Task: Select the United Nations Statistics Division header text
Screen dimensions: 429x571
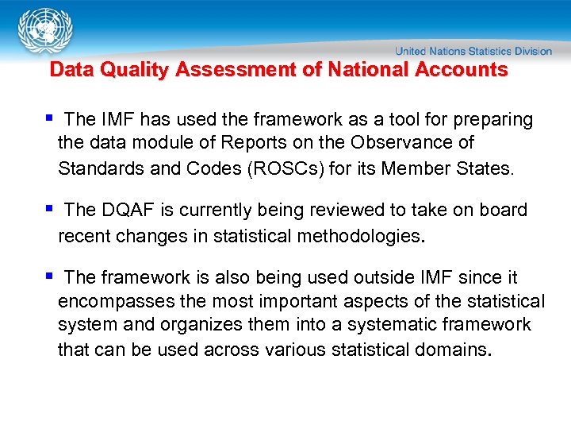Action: click(474, 51)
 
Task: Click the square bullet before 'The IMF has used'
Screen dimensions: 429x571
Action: click(49, 119)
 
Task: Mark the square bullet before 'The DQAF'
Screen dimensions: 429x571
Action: click(49, 210)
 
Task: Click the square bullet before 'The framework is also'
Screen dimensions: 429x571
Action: click(49, 277)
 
